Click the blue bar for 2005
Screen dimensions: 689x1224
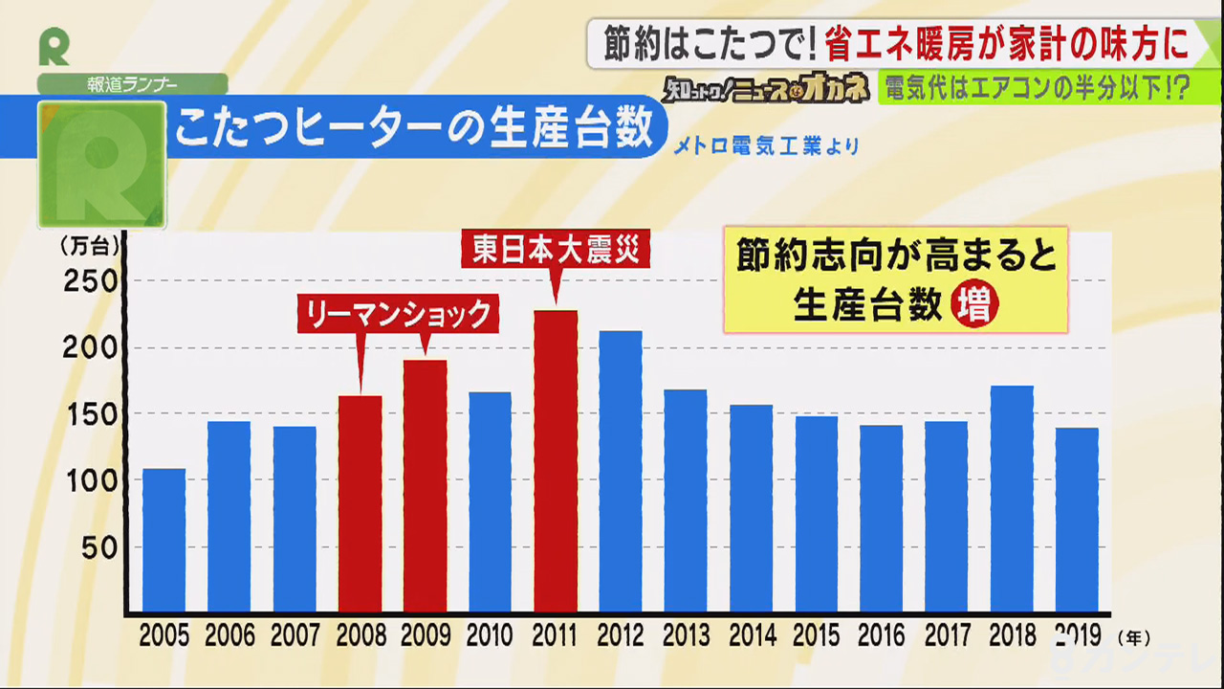[x=164, y=541]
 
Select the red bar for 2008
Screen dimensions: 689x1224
[x=360, y=503]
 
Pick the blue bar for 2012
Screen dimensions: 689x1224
[x=621, y=471]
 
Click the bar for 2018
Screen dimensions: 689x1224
[x=1012, y=499]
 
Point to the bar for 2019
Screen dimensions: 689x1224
[x=1077, y=520]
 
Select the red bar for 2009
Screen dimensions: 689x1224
[x=425, y=486]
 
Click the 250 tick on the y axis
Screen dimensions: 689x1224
[x=89, y=281]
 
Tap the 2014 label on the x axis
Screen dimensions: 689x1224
[x=751, y=635]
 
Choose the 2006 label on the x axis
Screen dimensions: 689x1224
[x=229, y=635]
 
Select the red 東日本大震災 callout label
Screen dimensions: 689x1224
[x=556, y=251]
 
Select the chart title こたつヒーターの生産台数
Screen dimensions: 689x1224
[x=414, y=127]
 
